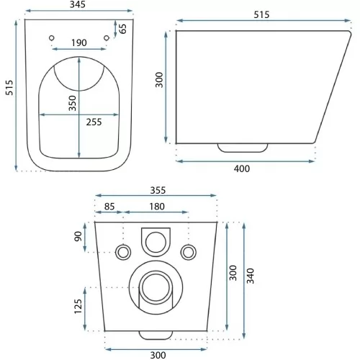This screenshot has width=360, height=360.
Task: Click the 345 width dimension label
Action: [78, 4]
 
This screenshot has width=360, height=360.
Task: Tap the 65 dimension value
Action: [122, 29]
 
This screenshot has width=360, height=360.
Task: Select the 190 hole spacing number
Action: [79, 42]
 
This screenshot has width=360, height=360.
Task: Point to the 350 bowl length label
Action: [72, 103]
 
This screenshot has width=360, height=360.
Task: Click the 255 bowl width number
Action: [94, 122]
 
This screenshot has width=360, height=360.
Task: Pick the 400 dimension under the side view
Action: [242, 168]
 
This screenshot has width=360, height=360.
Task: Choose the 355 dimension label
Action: [158, 190]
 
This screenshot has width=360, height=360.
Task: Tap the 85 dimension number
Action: [109, 207]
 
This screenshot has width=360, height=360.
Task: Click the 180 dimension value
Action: [157, 207]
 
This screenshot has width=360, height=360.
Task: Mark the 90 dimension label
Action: [78, 237]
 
